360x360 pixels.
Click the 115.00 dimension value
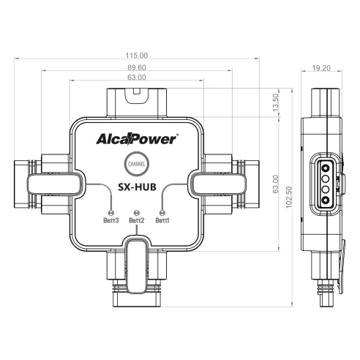137,56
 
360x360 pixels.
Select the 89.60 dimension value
137,67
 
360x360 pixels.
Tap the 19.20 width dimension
321,68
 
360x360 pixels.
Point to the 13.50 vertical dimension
276,102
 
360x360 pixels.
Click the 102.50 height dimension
289,198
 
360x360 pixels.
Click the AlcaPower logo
137,139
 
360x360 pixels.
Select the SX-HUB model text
137,187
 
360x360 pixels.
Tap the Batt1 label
162,220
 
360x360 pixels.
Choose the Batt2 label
137,220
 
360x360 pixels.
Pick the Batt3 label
111,220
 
